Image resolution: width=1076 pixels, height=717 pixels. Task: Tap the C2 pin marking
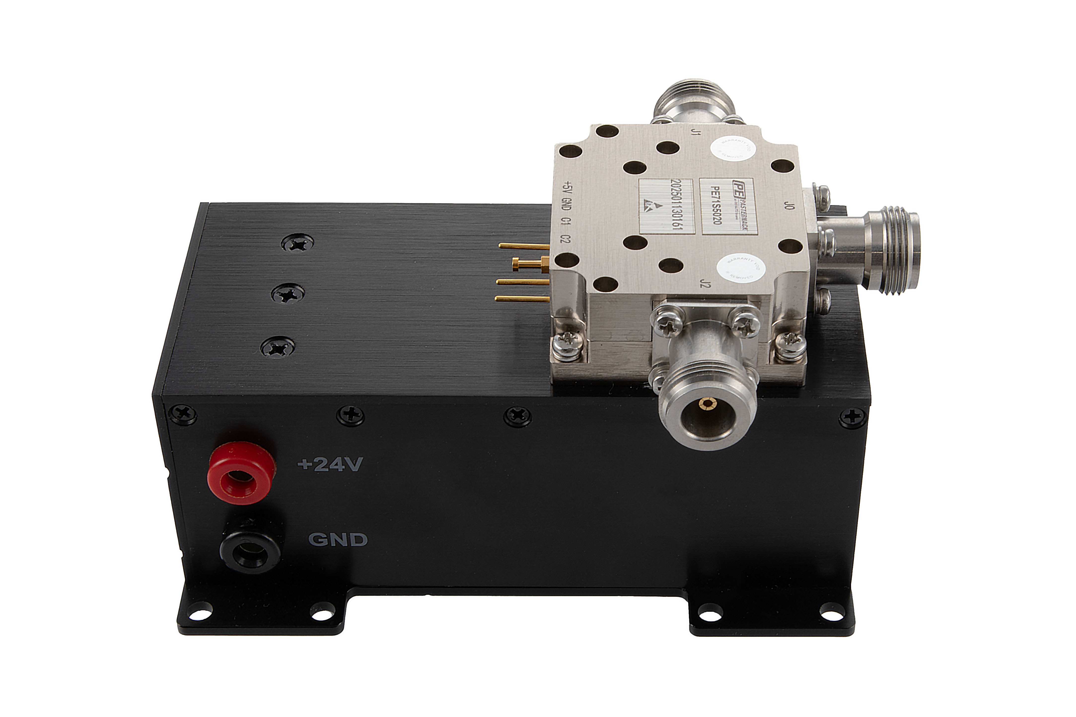[567, 239]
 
